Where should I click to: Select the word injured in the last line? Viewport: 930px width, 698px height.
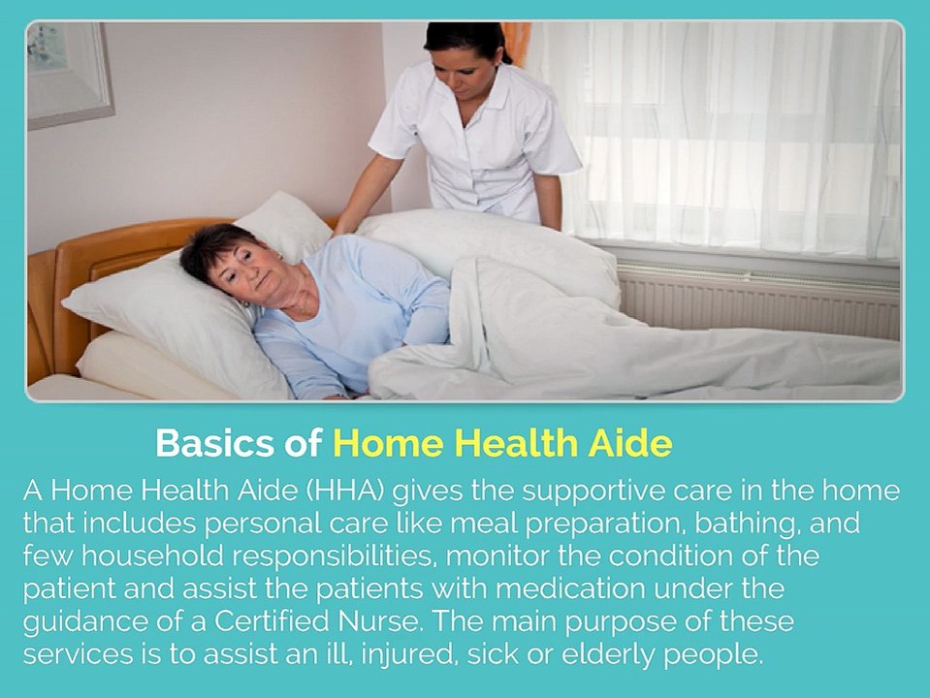(408, 654)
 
